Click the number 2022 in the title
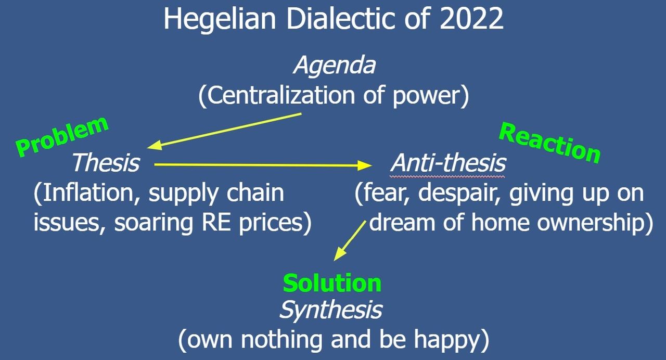pyautogui.click(x=471, y=18)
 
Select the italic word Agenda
pyautogui.click(x=335, y=66)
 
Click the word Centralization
pyautogui.click(x=281, y=95)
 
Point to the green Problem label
pyautogui.click(x=62, y=136)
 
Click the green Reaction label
pyautogui.click(x=549, y=143)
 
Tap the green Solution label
pyautogui.click(x=332, y=284)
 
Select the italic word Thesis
pyautogui.click(x=106, y=163)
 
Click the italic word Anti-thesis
pyautogui.click(x=448, y=163)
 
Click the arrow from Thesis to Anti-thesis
pyautogui.click(x=263, y=165)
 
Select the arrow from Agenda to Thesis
pyautogui.click(x=224, y=132)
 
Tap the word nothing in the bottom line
pyautogui.click(x=281, y=339)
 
